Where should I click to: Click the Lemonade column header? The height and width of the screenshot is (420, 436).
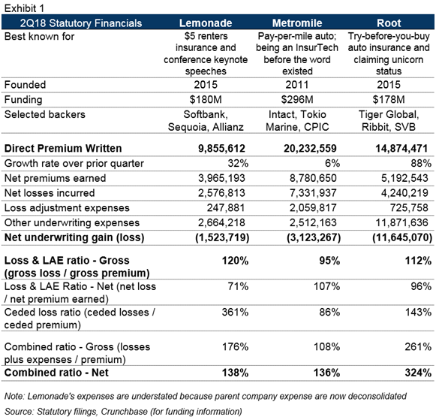pyautogui.click(x=206, y=23)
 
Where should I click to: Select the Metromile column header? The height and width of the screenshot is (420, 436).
pyautogui.click(x=297, y=23)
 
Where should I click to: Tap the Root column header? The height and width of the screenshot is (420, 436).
pyautogui.click(x=389, y=23)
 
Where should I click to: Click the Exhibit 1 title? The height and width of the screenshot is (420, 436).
pyautogui.click(x=25, y=8)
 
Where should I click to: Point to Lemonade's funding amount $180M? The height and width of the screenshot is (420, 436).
pyautogui.click(x=206, y=99)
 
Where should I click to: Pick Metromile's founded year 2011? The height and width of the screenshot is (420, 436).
pyautogui.click(x=297, y=85)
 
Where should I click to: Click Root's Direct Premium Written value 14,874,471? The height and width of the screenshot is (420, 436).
pyautogui.click(x=401, y=148)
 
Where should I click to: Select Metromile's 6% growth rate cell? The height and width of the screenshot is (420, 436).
pyautogui.click(x=332, y=163)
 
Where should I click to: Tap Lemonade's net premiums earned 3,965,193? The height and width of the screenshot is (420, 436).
pyautogui.click(x=221, y=178)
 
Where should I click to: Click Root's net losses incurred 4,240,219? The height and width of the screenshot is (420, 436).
pyautogui.click(x=404, y=193)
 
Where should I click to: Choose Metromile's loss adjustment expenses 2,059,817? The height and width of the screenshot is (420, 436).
pyautogui.click(x=313, y=207)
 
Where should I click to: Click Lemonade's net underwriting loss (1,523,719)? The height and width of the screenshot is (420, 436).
pyautogui.click(x=222, y=237)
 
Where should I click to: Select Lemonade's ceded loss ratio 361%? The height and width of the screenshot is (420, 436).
pyautogui.click(x=235, y=312)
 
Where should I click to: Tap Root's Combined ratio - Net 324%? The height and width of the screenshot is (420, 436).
pyautogui.click(x=418, y=373)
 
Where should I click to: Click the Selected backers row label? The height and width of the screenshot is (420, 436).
pyautogui.click(x=45, y=114)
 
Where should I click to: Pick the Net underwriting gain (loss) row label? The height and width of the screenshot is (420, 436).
pyautogui.click(x=74, y=237)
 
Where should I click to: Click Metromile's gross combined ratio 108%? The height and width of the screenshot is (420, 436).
pyautogui.click(x=326, y=347)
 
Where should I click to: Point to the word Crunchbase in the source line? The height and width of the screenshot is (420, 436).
pyautogui.click(x=124, y=412)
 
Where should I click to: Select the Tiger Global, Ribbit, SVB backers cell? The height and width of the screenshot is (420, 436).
pyautogui.click(x=389, y=120)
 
